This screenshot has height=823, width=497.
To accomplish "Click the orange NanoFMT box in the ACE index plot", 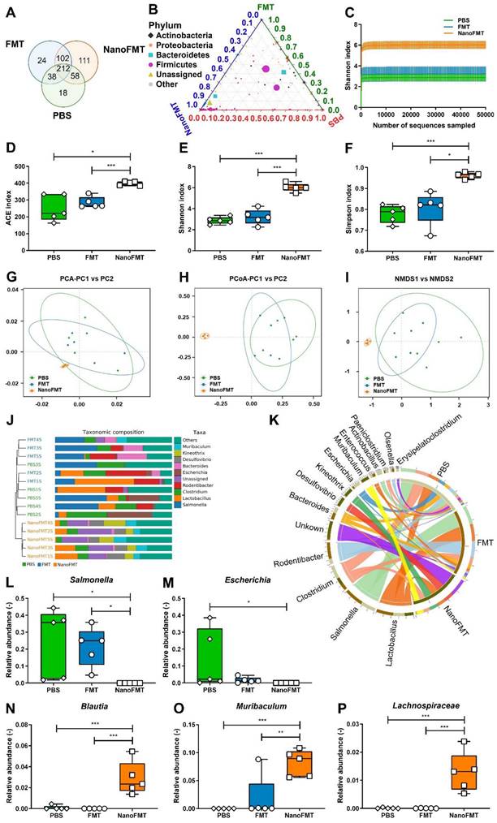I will [x=129, y=183].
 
